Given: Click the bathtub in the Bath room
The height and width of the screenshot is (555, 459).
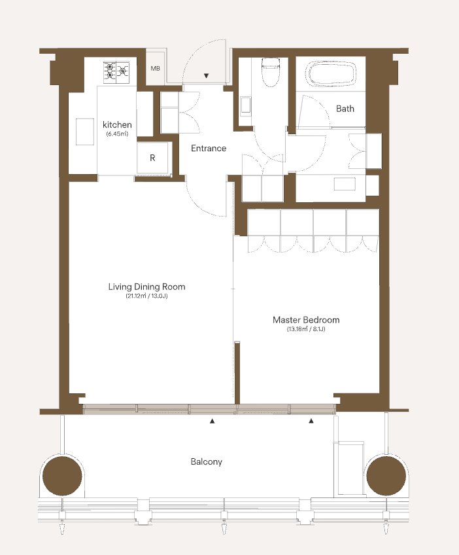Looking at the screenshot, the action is (331, 73).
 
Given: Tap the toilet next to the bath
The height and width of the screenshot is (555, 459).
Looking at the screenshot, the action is (271, 72).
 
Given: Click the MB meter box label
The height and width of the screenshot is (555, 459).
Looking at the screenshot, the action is (155, 68).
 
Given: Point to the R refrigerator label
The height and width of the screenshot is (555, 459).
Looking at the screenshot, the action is (152, 158).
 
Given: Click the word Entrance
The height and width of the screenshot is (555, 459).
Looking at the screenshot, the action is (209, 148).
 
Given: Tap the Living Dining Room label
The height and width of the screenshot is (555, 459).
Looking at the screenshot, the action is (146, 287).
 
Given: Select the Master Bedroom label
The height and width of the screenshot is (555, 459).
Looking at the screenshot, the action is (306, 319).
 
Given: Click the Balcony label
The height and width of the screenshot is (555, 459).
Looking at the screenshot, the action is (207, 461).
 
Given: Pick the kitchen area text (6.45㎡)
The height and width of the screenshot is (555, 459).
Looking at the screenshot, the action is (117, 134).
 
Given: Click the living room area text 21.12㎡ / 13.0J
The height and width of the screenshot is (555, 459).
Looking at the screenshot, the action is (146, 296).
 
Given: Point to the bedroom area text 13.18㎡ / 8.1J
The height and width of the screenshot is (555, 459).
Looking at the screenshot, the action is (306, 329).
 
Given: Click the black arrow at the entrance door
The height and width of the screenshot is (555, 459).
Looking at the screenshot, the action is (207, 75).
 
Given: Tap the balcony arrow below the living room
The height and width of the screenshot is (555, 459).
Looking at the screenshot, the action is (212, 421).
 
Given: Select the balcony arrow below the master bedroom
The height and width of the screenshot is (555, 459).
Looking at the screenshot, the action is (311, 420).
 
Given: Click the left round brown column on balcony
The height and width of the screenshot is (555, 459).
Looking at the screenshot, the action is (62, 475).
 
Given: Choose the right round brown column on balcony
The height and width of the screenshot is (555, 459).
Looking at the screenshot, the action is (386, 475).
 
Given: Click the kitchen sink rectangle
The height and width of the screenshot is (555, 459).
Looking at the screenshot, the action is (85, 132).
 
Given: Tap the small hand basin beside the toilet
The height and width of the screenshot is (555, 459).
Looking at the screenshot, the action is (245, 105).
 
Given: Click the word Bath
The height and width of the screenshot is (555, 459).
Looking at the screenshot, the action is (345, 108).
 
